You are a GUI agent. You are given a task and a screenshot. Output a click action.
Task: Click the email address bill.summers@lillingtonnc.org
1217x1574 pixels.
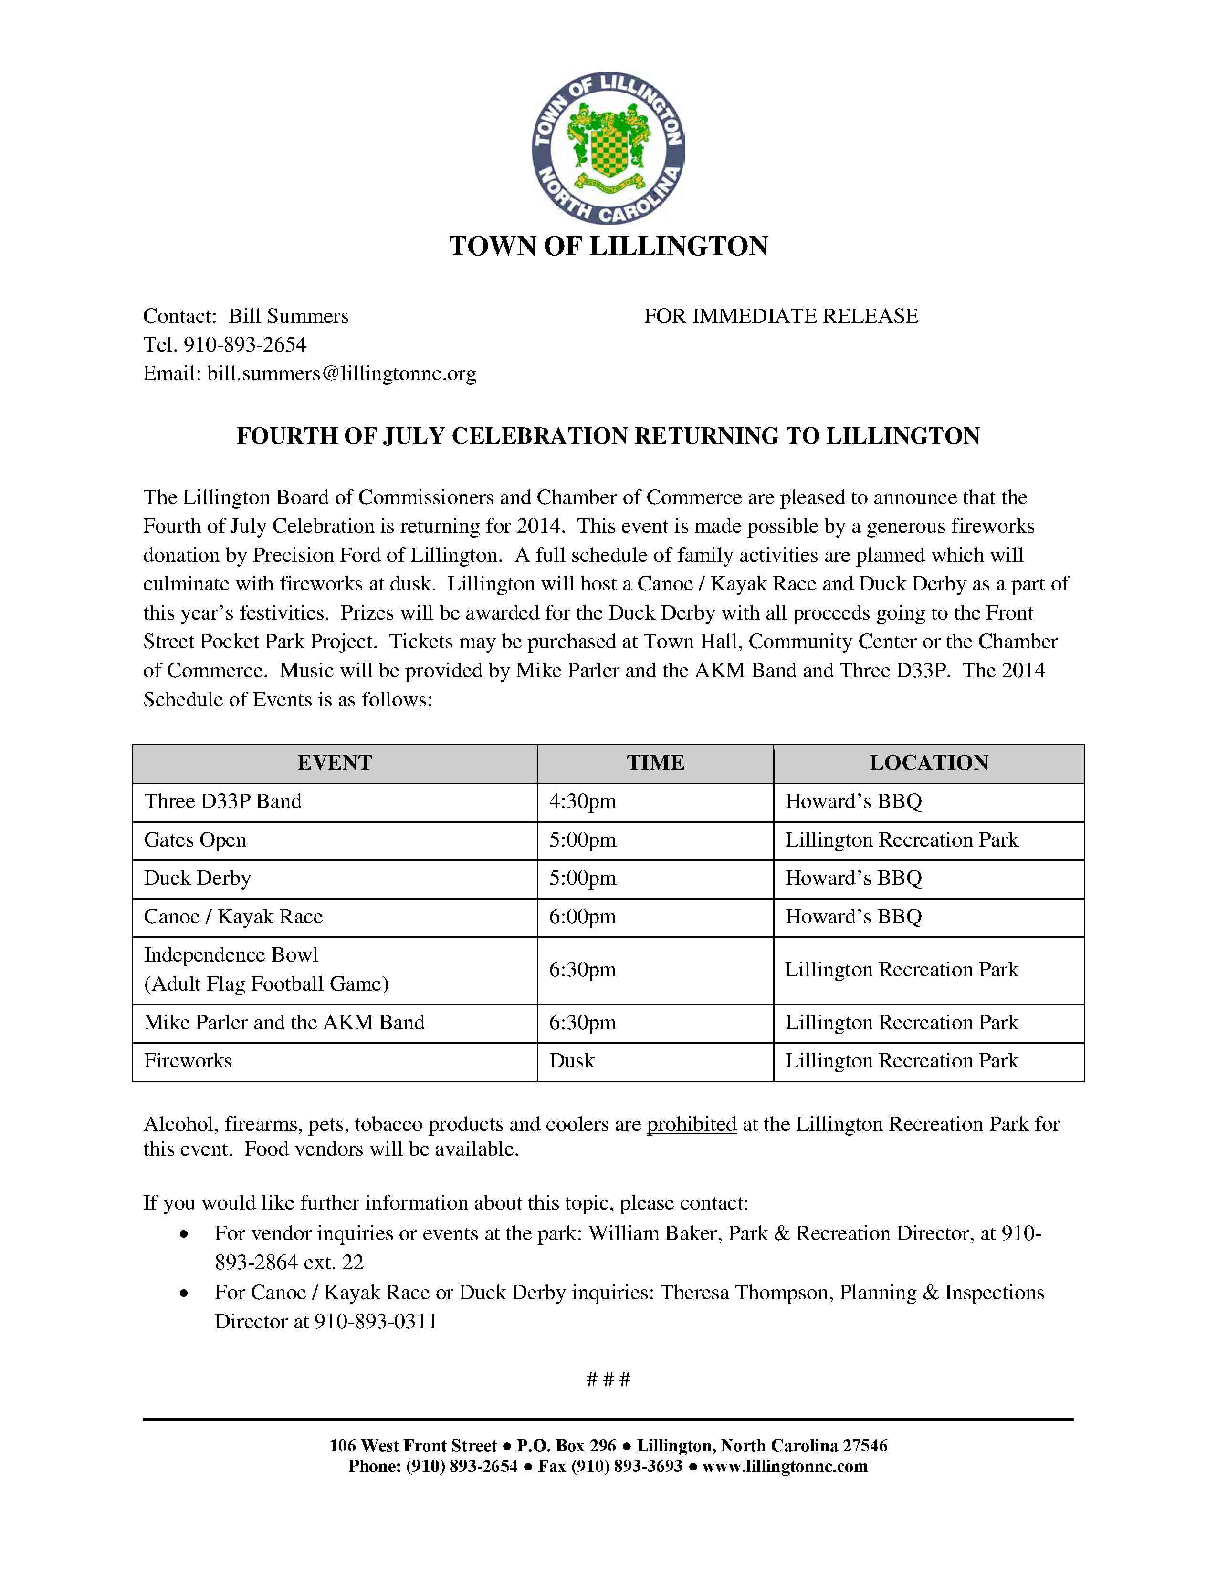coord(342,373)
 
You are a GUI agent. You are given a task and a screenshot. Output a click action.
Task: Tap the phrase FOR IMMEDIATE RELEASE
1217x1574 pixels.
coord(781,316)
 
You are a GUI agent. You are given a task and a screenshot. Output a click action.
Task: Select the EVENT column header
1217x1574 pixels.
coord(335,763)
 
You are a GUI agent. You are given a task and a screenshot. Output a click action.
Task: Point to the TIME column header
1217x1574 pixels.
coord(655,763)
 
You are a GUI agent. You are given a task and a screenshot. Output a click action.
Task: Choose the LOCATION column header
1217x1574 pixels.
coord(929,763)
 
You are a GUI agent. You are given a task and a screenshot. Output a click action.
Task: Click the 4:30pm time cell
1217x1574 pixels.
coord(583,801)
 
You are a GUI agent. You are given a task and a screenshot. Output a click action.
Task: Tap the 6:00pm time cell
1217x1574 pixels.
coord(583,917)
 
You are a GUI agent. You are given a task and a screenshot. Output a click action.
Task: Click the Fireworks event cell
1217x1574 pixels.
coord(188,1060)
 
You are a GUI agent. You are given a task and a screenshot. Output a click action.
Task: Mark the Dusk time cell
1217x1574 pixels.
coord(572,1060)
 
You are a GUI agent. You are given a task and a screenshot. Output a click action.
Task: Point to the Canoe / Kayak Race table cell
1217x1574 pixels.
coord(233,917)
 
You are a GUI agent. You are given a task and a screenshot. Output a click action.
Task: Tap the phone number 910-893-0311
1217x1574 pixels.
coord(376,1321)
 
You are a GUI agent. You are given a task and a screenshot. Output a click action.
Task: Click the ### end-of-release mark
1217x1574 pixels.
coord(608,1379)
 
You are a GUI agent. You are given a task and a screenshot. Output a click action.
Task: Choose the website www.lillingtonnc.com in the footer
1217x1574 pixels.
coord(785,1467)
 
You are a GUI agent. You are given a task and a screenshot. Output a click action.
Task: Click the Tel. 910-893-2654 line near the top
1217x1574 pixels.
coord(225,344)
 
